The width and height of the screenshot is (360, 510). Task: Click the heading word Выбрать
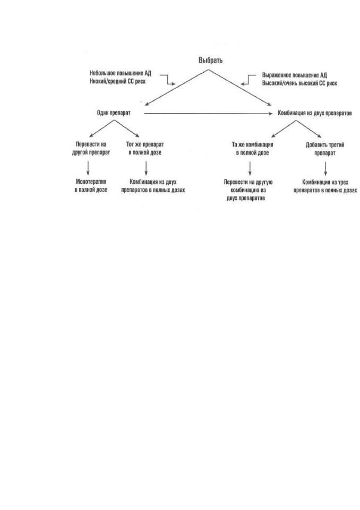[x=210, y=61]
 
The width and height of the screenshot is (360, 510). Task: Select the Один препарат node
[x=114, y=113]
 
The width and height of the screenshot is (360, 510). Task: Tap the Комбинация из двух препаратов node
[x=314, y=113]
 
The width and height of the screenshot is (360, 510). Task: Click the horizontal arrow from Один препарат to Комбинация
[x=208, y=114]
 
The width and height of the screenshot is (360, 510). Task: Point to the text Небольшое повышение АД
[x=121, y=73]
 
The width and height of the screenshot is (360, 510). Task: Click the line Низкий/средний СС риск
[x=117, y=81]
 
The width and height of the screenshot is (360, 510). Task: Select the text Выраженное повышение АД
[x=294, y=75]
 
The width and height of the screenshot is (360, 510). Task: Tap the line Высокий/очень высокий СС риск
[x=299, y=83]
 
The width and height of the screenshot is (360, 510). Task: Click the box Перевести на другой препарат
[x=91, y=148]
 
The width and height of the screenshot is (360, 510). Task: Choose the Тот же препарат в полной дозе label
[x=145, y=148]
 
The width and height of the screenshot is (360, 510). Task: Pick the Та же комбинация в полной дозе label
[x=252, y=149]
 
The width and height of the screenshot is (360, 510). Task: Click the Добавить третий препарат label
[x=325, y=149]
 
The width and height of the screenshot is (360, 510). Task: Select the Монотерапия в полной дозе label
[x=91, y=186]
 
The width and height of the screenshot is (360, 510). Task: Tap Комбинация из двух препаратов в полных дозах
[x=153, y=186]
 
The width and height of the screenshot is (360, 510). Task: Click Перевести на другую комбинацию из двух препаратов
[x=248, y=190]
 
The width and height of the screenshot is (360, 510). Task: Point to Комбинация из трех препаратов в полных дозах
[x=325, y=186]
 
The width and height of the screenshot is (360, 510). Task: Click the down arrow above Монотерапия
[x=88, y=168]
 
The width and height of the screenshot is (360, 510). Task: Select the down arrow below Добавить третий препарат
[x=325, y=169]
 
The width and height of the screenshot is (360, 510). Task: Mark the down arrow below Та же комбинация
[x=250, y=168]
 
